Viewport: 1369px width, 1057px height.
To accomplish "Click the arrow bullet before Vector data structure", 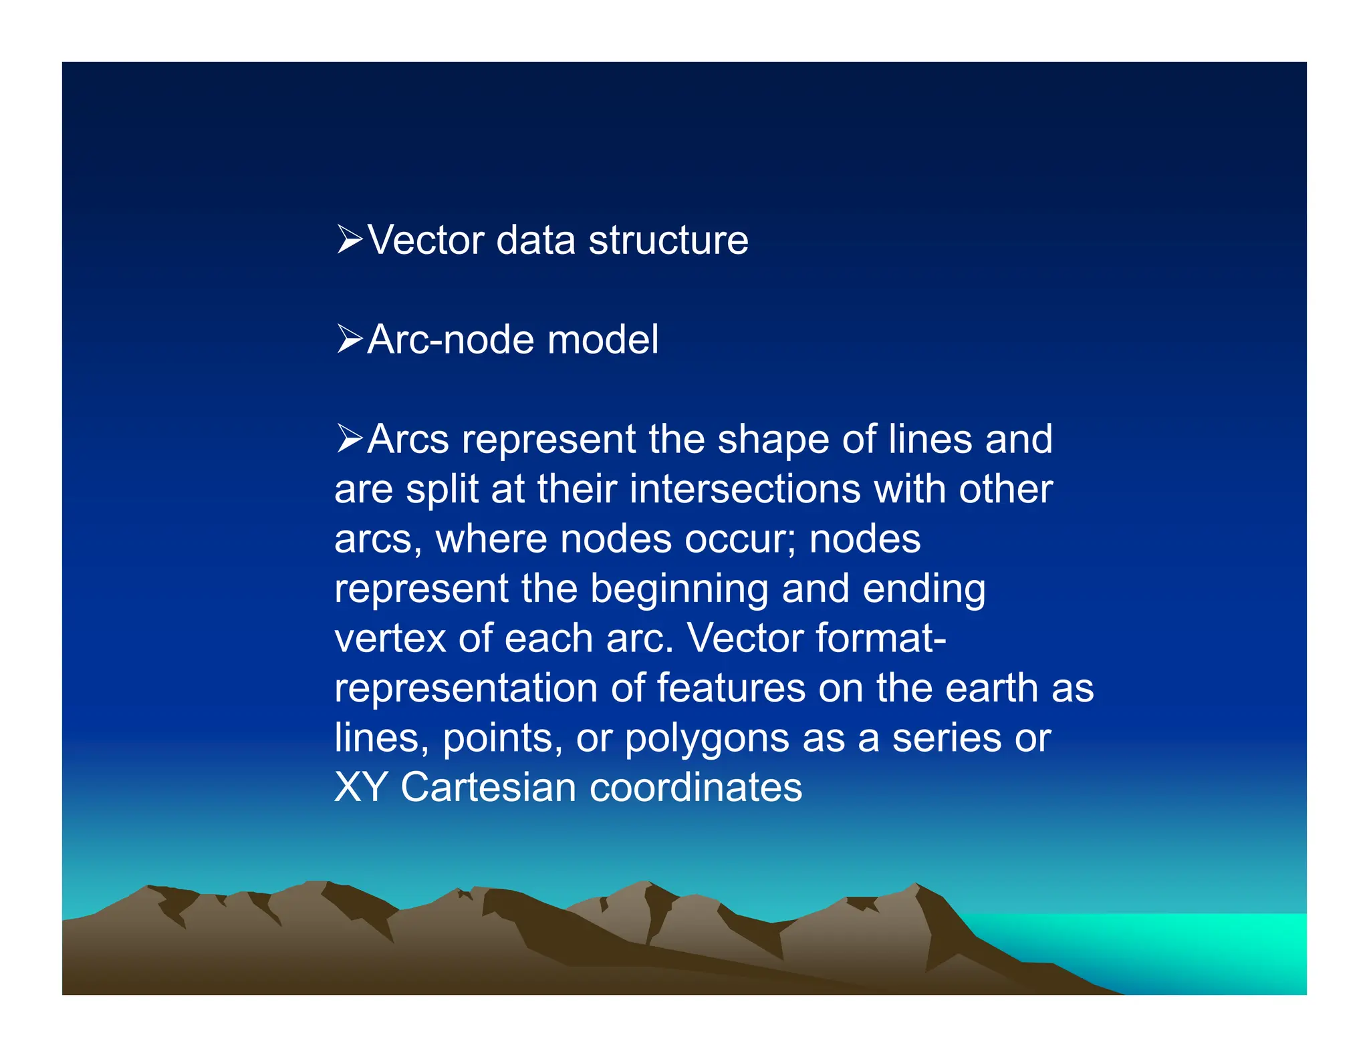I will pyautogui.click(x=349, y=239).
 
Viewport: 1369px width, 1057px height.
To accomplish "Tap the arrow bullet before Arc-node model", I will pyautogui.click(x=349, y=339).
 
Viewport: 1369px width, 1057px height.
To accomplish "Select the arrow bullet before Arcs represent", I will pyautogui.click(x=349, y=438).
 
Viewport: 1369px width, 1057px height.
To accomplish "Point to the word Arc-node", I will pyautogui.click(x=450, y=339).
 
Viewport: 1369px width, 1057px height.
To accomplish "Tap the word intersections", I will pyautogui.click(x=745, y=489).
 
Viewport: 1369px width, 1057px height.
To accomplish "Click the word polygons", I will pyautogui.click(x=707, y=739).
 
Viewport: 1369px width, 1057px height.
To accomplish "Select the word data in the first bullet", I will pyautogui.click(x=535, y=240).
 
